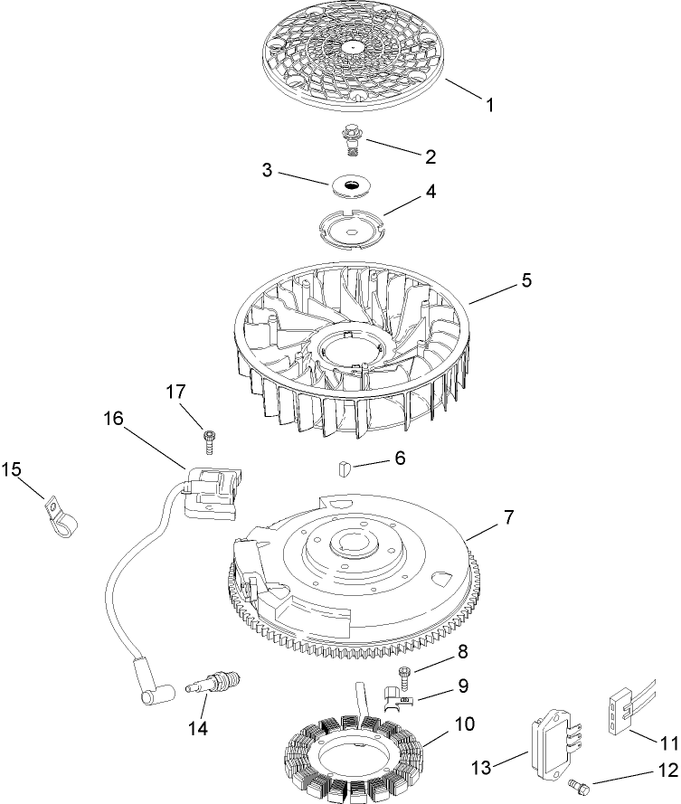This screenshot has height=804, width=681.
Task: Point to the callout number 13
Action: [481, 768]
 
